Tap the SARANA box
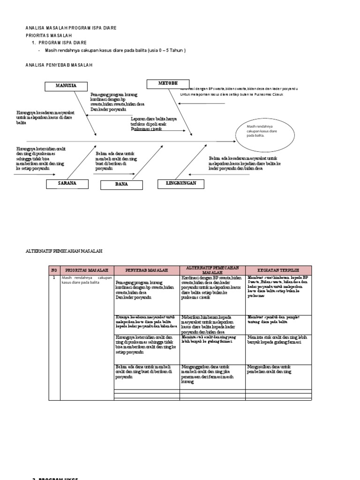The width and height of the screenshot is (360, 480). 67,183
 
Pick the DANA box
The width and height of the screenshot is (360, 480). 121,185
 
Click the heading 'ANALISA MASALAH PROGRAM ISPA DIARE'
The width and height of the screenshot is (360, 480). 71,28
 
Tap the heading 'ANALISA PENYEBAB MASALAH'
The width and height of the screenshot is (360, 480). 59,65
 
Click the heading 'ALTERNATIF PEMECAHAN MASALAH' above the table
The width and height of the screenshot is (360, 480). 63,251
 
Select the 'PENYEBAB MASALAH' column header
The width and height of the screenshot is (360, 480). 147,270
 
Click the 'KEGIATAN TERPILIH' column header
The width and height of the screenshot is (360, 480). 278,270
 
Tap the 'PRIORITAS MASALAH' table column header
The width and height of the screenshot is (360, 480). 87,270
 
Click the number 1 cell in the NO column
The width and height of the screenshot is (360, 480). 54,278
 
